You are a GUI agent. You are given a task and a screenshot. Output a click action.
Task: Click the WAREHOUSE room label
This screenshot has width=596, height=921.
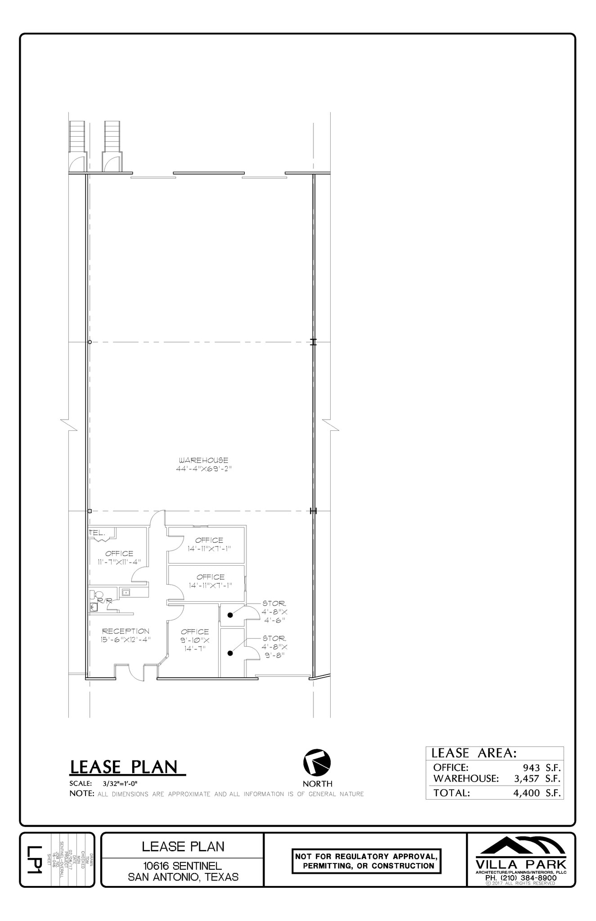tap(203, 460)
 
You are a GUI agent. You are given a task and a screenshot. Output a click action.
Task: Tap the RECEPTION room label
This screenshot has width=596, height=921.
tap(125, 631)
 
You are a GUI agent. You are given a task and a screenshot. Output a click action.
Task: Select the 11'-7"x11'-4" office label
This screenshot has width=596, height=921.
tap(119, 558)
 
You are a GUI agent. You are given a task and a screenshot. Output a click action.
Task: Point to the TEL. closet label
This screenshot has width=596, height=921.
tap(97, 532)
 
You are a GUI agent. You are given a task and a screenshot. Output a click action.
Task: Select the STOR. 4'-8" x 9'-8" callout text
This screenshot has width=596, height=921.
tap(274, 646)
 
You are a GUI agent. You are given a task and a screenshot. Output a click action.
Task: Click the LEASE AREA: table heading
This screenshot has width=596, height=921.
tap(474, 753)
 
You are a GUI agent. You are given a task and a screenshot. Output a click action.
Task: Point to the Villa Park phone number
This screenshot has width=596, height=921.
tap(521, 877)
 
